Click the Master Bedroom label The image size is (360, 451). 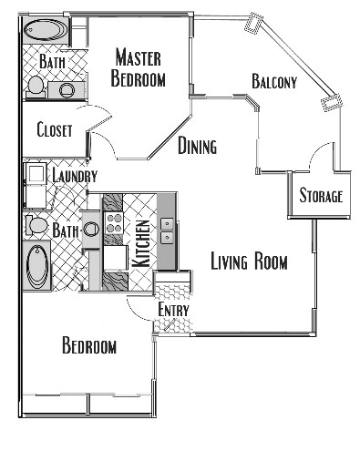[x=139, y=68]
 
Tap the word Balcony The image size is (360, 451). [x=274, y=83]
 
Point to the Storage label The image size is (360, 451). [x=321, y=196]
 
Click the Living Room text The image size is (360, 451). [x=249, y=263]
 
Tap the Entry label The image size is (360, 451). [x=173, y=311]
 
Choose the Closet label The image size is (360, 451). [x=55, y=130]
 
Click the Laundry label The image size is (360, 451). [x=75, y=176]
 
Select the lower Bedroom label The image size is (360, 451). [x=89, y=346]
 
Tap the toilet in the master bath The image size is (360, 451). [x=36, y=86]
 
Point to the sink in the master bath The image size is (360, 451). [x=67, y=89]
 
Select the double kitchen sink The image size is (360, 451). [x=167, y=231]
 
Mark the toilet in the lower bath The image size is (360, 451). [x=37, y=224]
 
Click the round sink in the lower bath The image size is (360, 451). [x=90, y=230]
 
